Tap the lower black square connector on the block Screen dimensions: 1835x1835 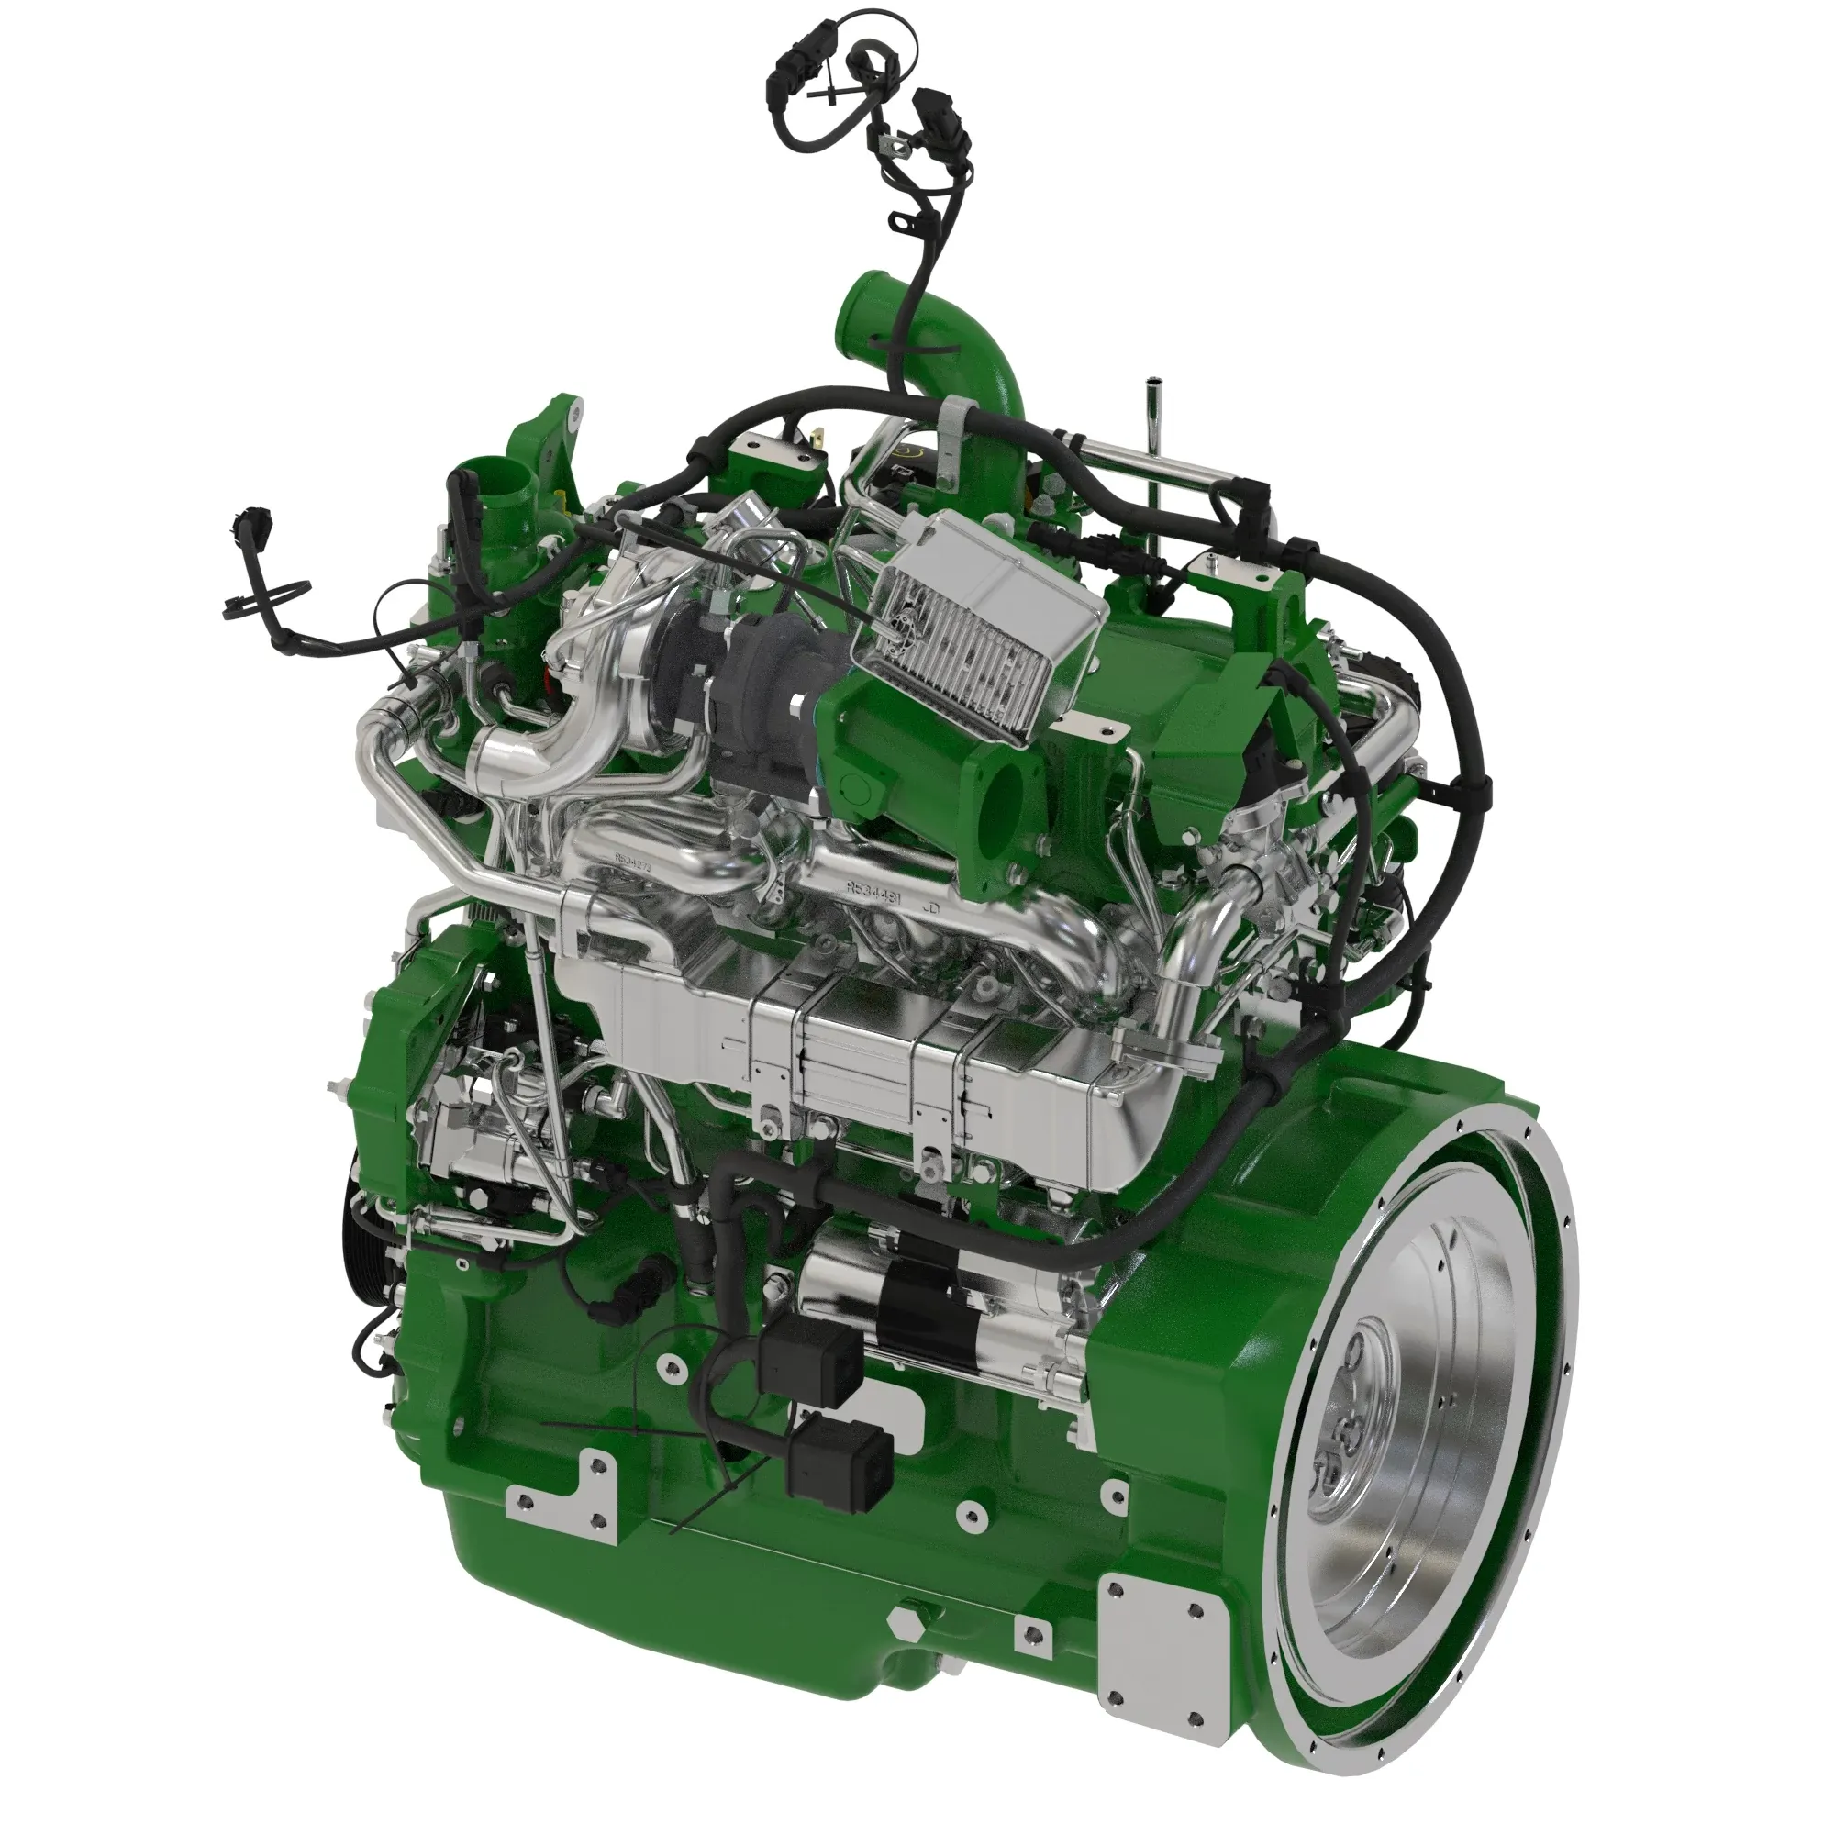(841, 1476)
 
